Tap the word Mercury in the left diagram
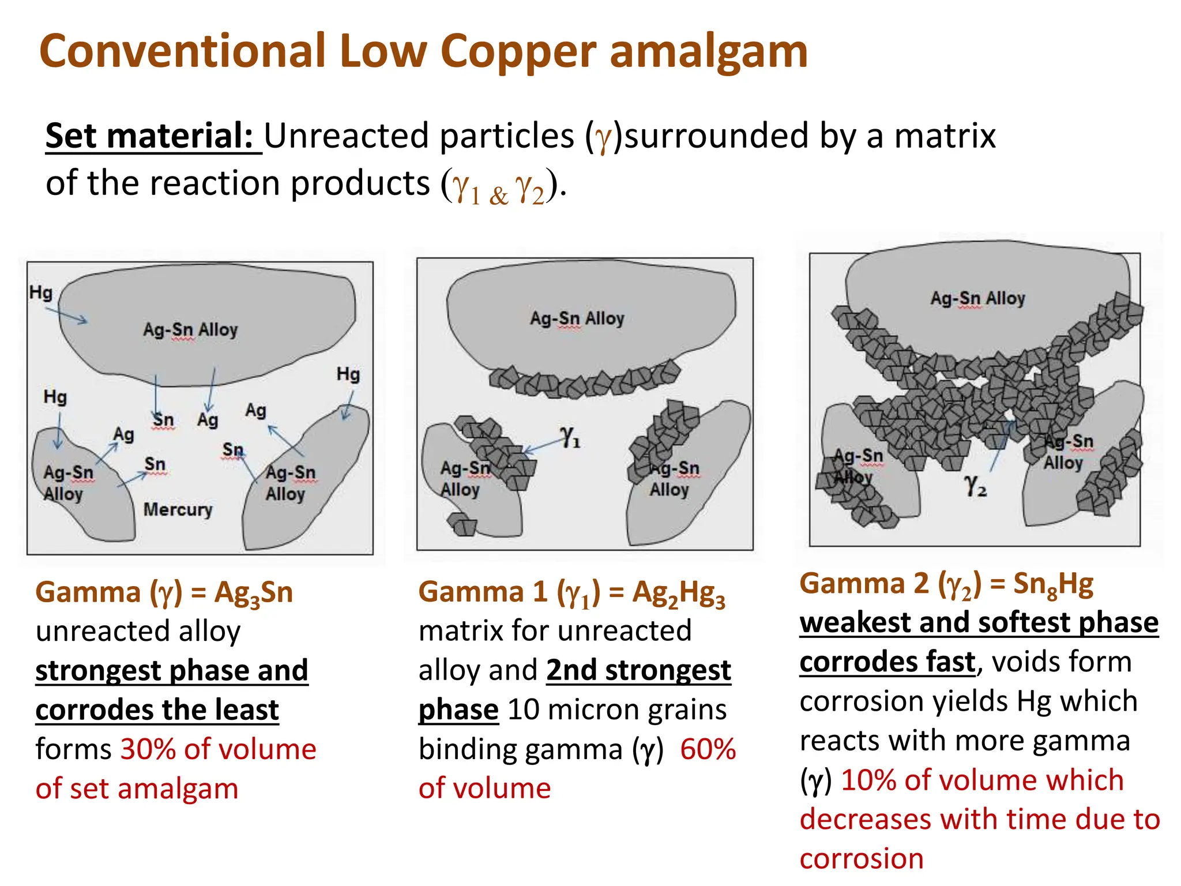click(178, 510)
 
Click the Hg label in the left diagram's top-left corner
click(41, 293)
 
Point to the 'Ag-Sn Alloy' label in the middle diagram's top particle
click(577, 318)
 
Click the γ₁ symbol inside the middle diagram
click(569, 437)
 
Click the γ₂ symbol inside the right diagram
click(975, 486)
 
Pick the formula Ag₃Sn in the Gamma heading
click(254, 593)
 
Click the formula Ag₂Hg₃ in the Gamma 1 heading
click(678, 593)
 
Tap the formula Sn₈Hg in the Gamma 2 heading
click(1053, 584)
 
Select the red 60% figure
click(708, 749)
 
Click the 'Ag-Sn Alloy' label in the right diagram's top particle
click(977, 298)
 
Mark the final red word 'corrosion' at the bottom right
click(862, 859)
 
